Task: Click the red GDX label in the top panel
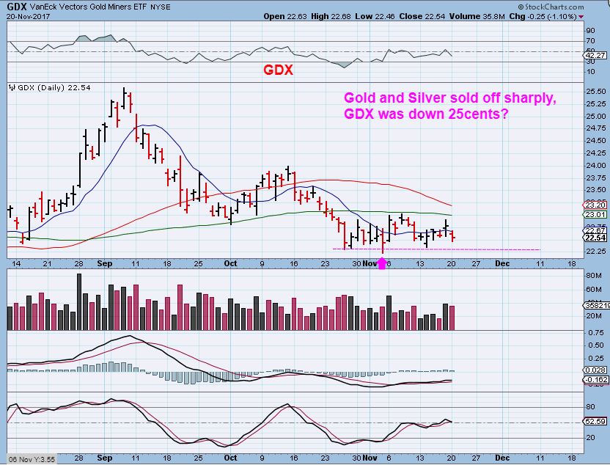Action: [x=279, y=70]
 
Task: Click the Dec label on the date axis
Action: [x=502, y=262]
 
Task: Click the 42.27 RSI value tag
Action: [x=593, y=55]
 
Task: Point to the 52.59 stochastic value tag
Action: [x=593, y=421]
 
